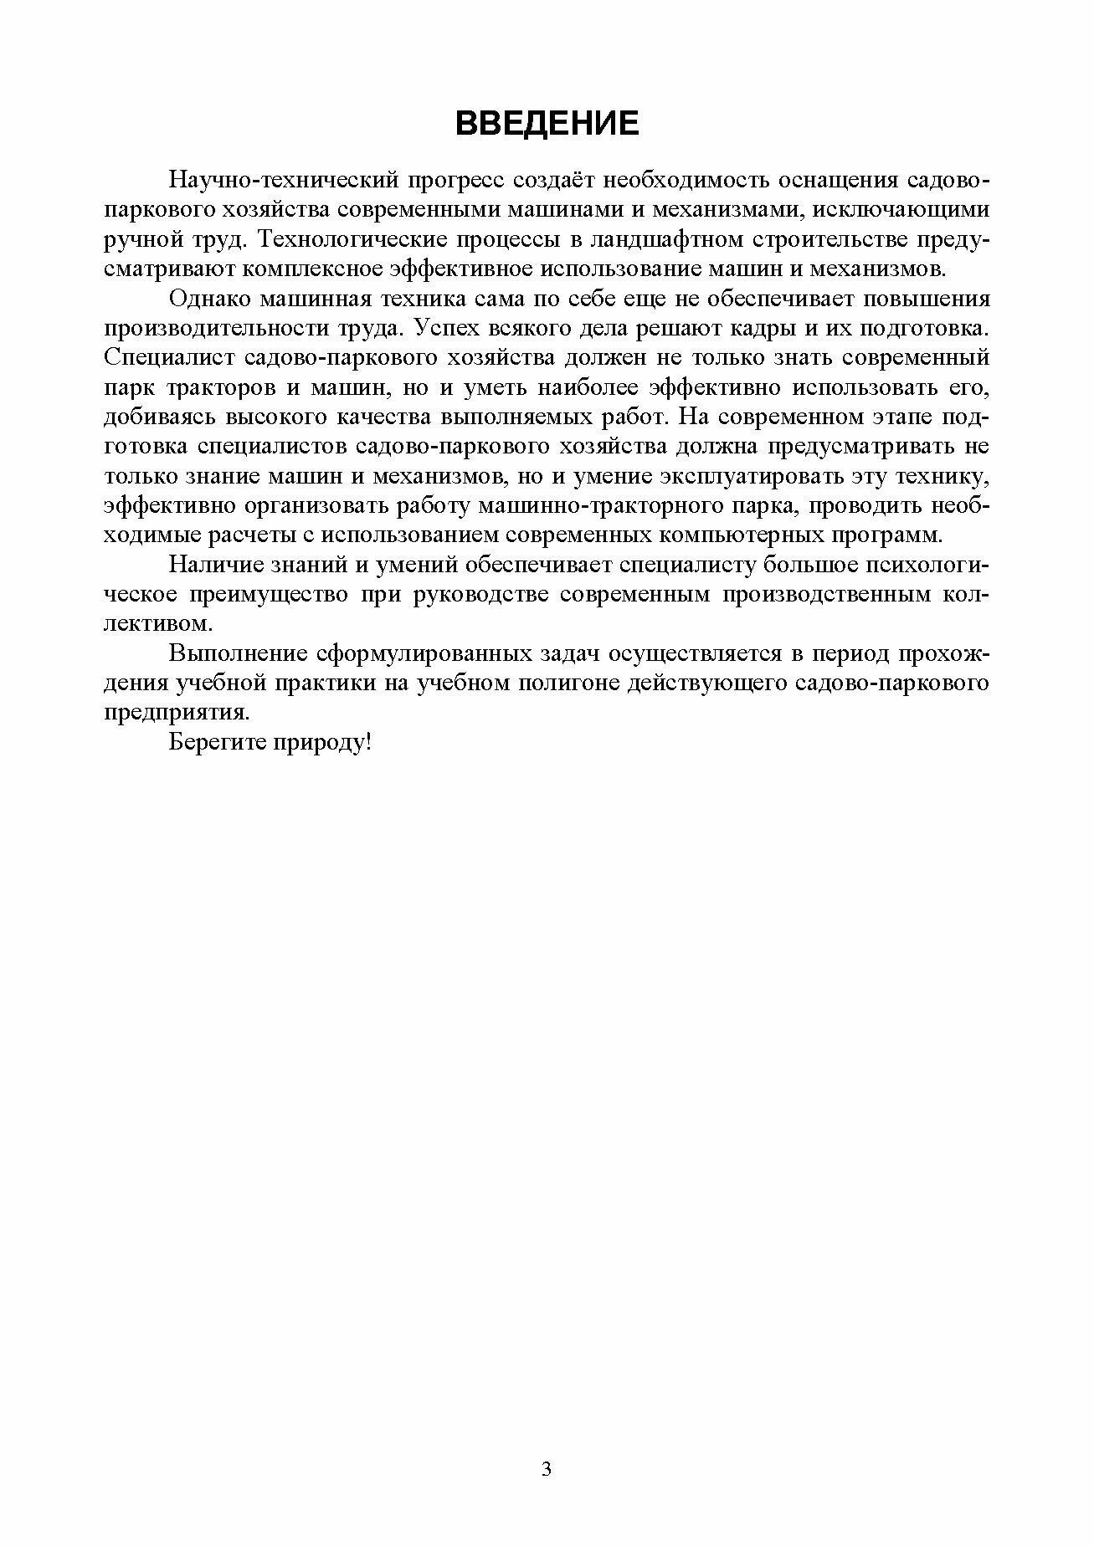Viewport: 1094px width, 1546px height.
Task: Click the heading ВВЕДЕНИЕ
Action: point(547,124)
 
